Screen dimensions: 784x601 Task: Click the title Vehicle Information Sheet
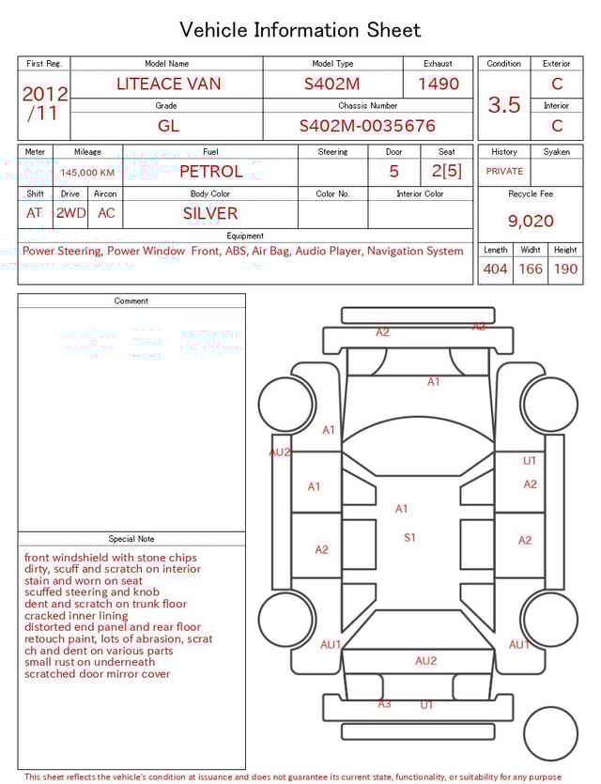(300, 29)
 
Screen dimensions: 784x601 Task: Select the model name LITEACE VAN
(169, 84)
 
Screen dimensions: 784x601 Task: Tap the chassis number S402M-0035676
(367, 126)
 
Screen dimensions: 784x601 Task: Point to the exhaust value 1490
(439, 84)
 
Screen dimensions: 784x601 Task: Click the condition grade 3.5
(504, 105)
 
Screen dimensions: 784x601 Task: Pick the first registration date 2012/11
(44, 103)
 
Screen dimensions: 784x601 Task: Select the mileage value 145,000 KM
(87, 173)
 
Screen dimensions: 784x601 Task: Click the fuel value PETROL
(210, 171)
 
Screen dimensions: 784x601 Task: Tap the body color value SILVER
(210, 213)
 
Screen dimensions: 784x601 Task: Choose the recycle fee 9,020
(531, 222)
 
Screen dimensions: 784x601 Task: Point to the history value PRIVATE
(504, 172)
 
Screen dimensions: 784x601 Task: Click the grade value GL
(168, 126)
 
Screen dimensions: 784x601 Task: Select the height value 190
(565, 269)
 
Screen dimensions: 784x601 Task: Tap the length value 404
(495, 269)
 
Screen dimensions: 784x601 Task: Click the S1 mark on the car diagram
(409, 538)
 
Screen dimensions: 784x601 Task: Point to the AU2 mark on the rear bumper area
(426, 661)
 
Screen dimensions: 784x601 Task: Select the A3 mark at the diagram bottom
(384, 703)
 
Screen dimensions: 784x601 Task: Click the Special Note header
(131, 539)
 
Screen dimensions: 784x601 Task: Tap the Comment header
(131, 301)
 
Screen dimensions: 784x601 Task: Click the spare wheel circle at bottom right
(550, 733)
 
